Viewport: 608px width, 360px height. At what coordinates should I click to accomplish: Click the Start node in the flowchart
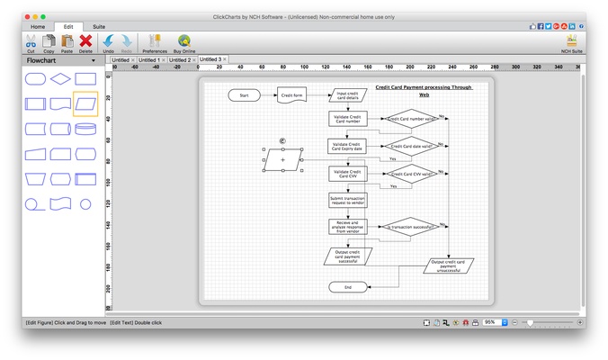click(244, 94)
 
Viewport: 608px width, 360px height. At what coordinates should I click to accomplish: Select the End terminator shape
click(347, 287)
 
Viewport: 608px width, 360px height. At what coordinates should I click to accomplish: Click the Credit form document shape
click(291, 94)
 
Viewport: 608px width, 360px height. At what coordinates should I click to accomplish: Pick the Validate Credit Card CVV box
click(347, 174)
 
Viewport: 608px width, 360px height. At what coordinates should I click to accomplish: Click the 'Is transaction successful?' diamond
click(411, 228)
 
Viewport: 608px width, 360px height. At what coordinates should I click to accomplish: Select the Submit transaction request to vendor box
click(347, 201)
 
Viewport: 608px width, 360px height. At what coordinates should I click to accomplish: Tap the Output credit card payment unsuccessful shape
click(449, 265)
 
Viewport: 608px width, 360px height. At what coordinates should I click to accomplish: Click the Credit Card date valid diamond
click(411, 146)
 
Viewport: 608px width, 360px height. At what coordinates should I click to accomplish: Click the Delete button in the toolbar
click(85, 42)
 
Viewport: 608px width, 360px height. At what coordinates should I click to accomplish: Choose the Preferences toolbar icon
click(155, 42)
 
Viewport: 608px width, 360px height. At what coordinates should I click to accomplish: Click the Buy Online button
click(184, 42)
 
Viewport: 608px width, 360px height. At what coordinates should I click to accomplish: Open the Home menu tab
click(38, 27)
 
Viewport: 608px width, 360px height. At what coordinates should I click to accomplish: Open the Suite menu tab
click(99, 27)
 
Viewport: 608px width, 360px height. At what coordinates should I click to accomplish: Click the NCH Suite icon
click(571, 42)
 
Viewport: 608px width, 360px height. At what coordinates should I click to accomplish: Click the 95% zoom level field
click(490, 322)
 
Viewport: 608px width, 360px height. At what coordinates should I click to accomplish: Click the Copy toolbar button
click(49, 42)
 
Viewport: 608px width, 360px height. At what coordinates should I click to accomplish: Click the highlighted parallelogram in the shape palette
click(85, 103)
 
